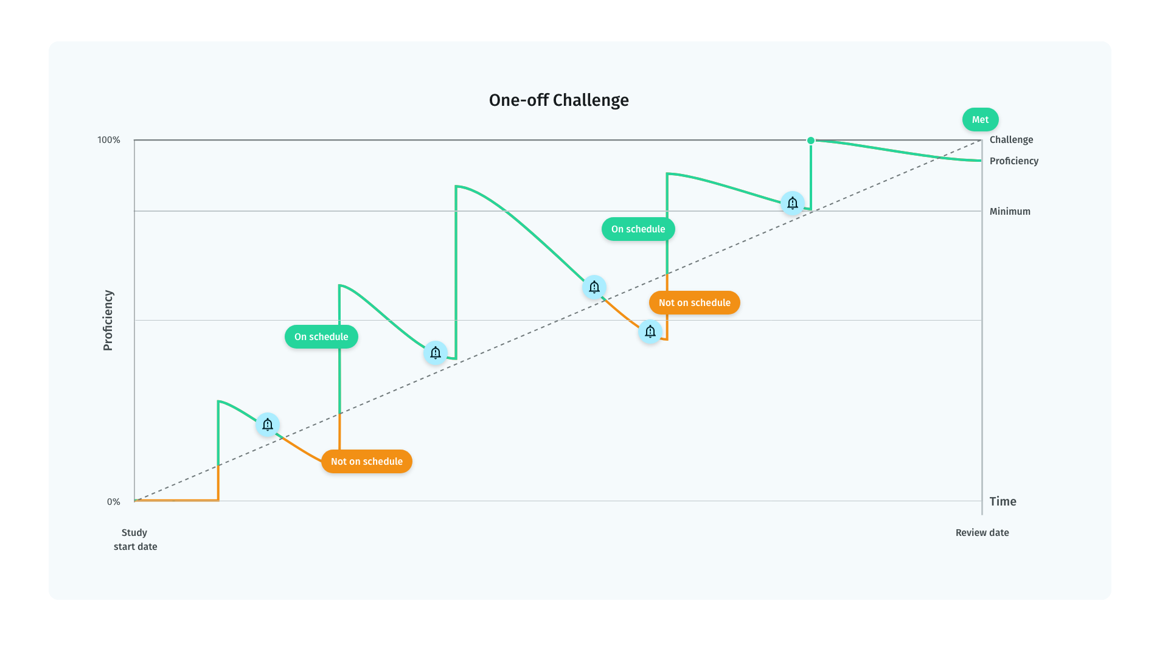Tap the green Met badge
(980, 120)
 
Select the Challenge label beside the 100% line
(1011, 140)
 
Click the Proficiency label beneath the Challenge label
(1013, 161)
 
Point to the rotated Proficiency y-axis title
(108, 320)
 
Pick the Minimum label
(1010, 212)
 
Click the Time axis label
(1003, 502)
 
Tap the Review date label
(982, 533)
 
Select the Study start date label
(135, 540)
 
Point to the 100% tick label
(109, 140)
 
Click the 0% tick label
(114, 502)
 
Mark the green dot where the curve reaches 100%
(811, 141)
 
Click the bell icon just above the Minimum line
(793, 203)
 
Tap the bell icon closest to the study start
(268, 425)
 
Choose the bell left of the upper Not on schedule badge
(650, 332)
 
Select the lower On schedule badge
(321, 337)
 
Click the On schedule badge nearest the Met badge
(638, 229)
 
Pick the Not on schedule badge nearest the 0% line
(367, 462)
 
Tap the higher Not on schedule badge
(695, 303)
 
